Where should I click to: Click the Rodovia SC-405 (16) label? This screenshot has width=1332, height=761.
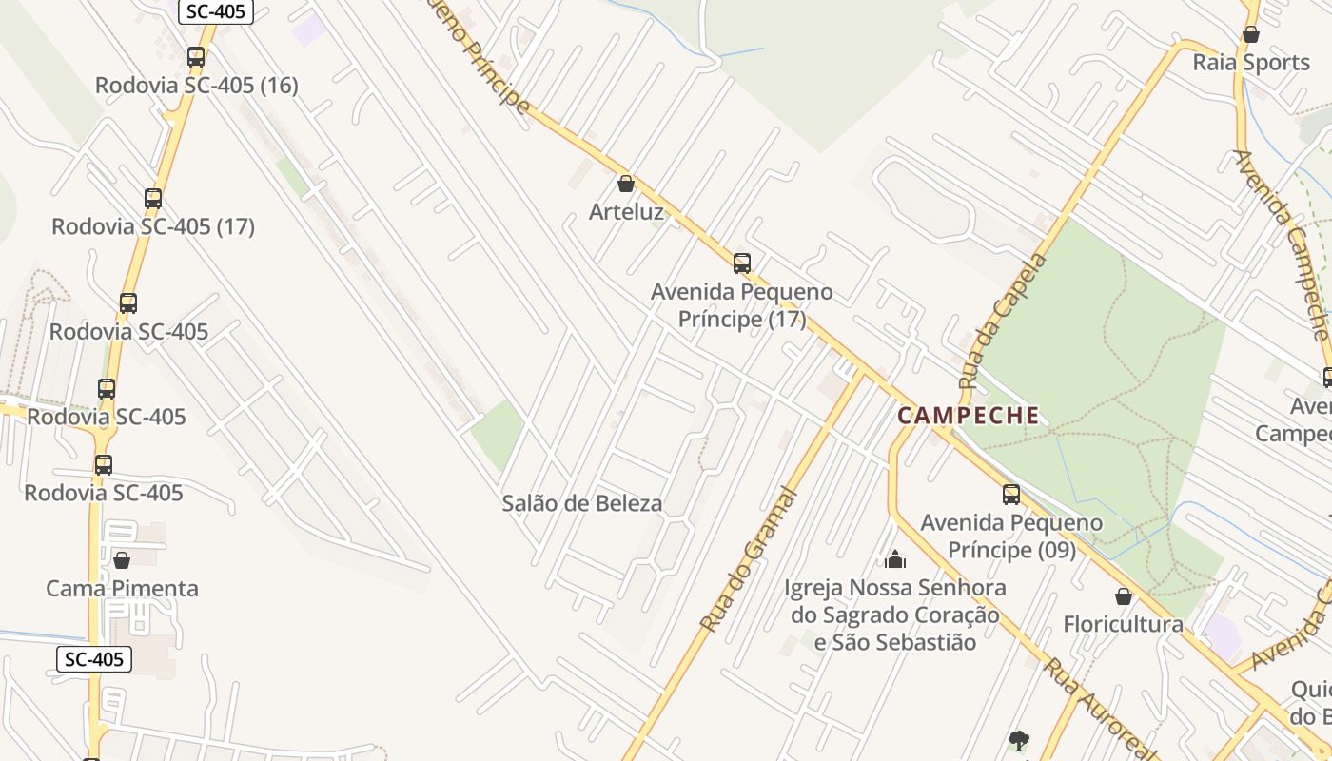coord(196,85)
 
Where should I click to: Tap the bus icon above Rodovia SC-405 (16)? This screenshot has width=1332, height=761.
coord(196,56)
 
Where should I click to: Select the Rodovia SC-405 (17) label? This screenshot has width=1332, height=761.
coord(153,226)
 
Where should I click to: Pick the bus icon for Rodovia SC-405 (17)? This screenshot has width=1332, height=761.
coord(153,199)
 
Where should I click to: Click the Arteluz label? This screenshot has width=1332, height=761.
coord(626,211)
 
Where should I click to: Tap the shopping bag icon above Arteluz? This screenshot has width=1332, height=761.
coord(626,184)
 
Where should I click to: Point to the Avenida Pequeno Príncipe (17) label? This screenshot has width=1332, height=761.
coord(742,305)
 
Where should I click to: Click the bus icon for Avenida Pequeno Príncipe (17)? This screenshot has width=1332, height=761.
coord(742,263)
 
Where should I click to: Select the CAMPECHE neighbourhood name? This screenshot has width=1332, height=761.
coord(969,416)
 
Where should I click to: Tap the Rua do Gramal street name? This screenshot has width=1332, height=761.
coord(748,559)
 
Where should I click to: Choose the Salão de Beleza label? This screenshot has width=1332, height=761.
coord(582,503)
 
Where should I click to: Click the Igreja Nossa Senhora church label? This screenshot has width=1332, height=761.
coord(895,615)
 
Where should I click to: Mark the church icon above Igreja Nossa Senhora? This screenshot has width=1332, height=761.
coord(895,559)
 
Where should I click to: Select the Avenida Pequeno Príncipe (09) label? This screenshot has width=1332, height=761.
coord(1011,537)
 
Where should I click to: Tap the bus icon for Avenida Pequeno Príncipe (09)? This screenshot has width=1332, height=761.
coord(1011,495)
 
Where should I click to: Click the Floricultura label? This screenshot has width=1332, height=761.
coord(1124,624)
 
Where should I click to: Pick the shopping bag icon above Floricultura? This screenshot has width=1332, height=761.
coord(1124,596)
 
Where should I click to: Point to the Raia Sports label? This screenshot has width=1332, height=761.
coord(1251,63)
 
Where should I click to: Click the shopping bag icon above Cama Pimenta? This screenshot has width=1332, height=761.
coord(122,560)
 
